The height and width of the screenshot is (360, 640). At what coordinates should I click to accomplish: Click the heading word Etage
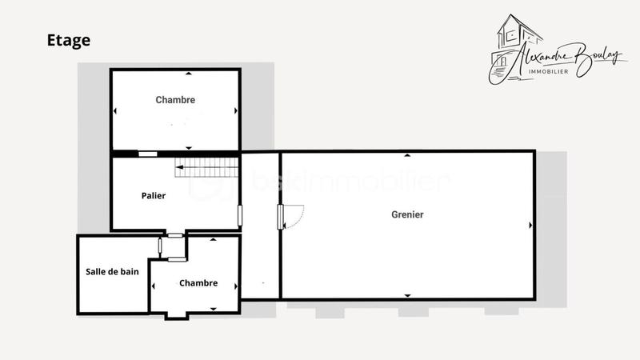(x=68, y=41)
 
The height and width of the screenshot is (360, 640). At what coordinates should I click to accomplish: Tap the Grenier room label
(x=407, y=214)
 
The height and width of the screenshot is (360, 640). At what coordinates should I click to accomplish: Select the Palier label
(x=154, y=195)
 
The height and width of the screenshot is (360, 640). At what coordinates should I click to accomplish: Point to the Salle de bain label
(x=112, y=271)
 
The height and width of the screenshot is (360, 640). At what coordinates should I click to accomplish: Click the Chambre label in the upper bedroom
(x=175, y=100)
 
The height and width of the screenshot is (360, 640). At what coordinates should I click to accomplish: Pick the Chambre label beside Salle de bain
(x=198, y=283)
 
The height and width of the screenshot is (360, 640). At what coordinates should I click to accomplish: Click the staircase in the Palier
(x=207, y=168)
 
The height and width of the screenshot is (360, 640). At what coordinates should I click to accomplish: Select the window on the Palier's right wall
(x=239, y=215)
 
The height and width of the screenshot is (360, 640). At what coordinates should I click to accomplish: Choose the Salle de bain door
(x=161, y=247)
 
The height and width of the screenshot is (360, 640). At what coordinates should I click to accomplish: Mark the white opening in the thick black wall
(x=148, y=154)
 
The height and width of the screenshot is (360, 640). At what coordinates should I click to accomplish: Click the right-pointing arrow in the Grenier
(x=530, y=225)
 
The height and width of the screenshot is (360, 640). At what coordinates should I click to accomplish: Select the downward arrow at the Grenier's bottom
(x=407, y=296)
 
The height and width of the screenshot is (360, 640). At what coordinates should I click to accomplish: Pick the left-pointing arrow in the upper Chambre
(x=115, y=111)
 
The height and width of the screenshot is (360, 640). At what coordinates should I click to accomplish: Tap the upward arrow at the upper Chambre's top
(x=188, y=74)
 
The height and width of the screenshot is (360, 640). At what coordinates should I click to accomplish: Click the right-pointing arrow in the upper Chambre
(x=235, y=111)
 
